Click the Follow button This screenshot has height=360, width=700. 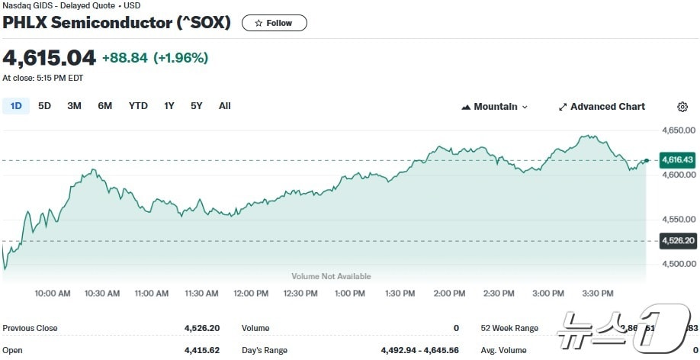click(x=274, y=23)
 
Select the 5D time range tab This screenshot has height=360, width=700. click(x=45, y=106)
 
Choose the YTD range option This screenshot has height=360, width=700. click(x=138, y=106)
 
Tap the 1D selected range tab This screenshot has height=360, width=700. click(x=16, y=106)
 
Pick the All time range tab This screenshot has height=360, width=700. click(x=224, y=106)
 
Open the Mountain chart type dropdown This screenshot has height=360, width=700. click(x=495, y=107)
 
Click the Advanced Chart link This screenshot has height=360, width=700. click(x=602, y=107)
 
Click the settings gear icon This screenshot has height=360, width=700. click(x=682, y=107)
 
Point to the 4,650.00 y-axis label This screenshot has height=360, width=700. click(x=678, y=130)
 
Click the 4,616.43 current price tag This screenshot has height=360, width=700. click(x=678, y=160)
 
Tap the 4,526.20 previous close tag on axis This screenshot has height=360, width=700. click(x=678, y=241)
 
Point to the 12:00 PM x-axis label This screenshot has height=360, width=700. click(x=251, y=293)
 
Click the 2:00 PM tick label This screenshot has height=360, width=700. click(x=448, y=293)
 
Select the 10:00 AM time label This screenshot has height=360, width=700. click(x=53, y=293)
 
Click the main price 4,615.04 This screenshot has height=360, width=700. click(x=50, y=58)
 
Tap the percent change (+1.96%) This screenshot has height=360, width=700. click(x=181, y=58)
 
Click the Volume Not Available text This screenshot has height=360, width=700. click(x=331, y=276)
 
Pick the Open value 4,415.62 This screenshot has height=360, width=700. click(x=201, y=350)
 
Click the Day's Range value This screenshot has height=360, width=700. click(x=419, y=350)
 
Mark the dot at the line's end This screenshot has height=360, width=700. click(x=647, y=160)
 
